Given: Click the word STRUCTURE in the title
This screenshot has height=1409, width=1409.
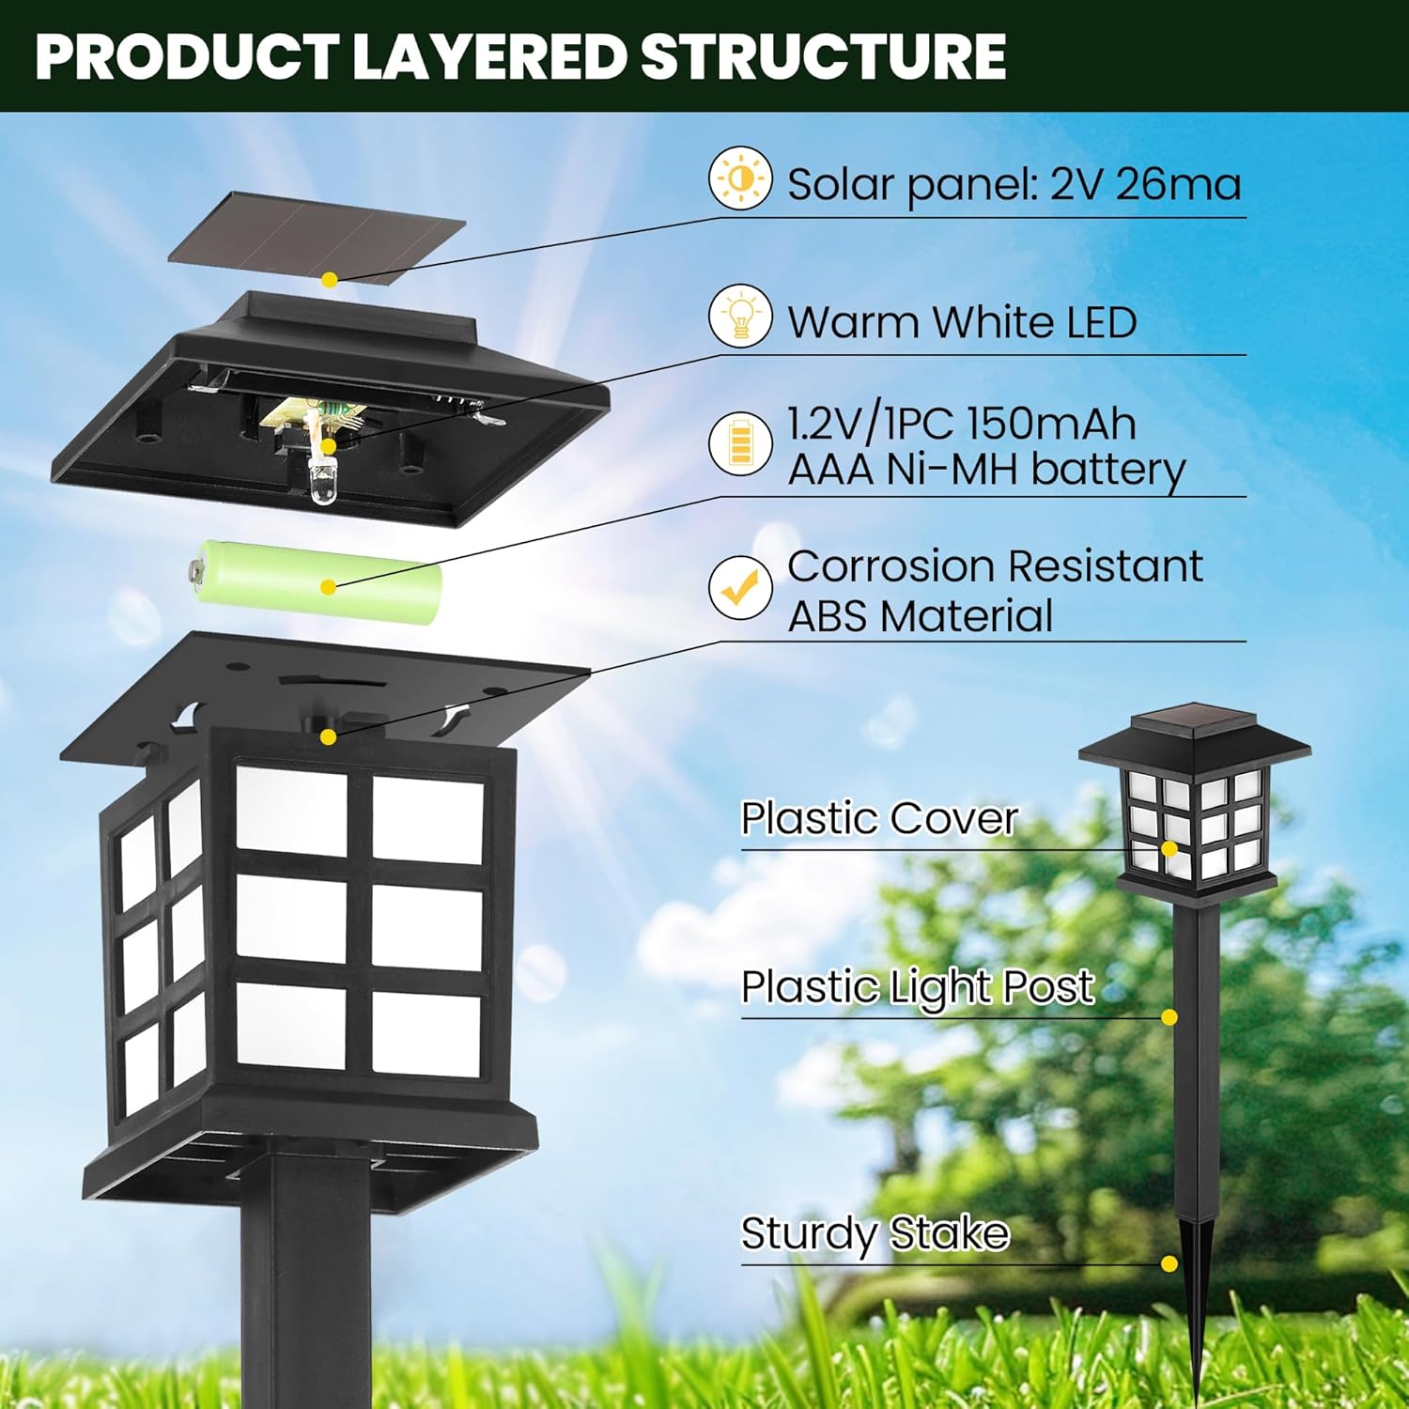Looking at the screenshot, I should click(824, 56).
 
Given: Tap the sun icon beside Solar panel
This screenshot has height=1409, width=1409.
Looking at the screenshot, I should click(740, 178).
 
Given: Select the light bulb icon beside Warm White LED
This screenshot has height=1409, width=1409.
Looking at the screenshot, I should click(740, 316).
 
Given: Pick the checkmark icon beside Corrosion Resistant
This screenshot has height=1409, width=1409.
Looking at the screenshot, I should click(740, 587).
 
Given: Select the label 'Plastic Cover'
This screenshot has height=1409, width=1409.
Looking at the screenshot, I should click(878, 818).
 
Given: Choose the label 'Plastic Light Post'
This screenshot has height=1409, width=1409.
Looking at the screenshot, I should click(917, 987).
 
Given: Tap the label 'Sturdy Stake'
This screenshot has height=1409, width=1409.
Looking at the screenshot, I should click(875, 1233).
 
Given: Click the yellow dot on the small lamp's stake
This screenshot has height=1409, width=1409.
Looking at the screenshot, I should click(1169, 1264).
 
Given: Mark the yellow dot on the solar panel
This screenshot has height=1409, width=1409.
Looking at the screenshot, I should click(329, 280).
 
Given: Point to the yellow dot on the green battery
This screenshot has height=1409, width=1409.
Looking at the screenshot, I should click(328, 587).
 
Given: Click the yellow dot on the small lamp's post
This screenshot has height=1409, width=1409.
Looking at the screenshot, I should click(1169, 1017).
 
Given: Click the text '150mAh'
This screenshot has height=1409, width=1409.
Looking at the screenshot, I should click(1051, 424).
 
